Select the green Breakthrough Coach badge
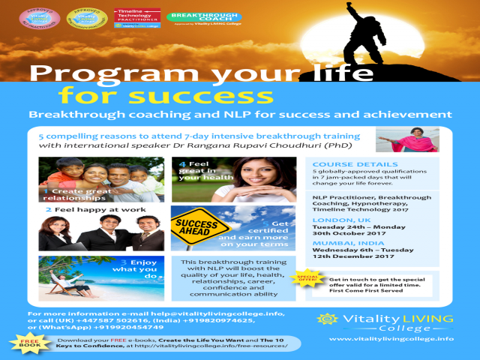pyautogui.click(x=193, y=17)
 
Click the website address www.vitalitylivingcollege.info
pyautogui.click(x=391, y=339)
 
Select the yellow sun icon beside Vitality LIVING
pyautogui.click(x=325, y=319)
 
